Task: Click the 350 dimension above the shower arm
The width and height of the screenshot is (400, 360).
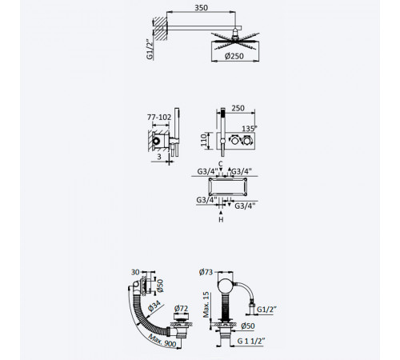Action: (201, 8)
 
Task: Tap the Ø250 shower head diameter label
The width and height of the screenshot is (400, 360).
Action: (234, 56)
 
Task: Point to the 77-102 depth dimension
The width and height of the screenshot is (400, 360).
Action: (159, 117)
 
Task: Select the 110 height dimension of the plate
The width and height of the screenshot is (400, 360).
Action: (204, 141)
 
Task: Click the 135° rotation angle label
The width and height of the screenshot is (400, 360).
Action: (250, 128)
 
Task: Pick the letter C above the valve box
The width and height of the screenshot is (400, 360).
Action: (221, 164)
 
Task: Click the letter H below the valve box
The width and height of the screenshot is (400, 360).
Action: (221, 220)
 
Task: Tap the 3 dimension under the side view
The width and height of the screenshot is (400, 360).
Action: (159, 157)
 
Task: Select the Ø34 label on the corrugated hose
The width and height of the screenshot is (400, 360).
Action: (154, 306)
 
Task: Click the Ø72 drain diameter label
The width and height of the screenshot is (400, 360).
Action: (181, 308)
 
